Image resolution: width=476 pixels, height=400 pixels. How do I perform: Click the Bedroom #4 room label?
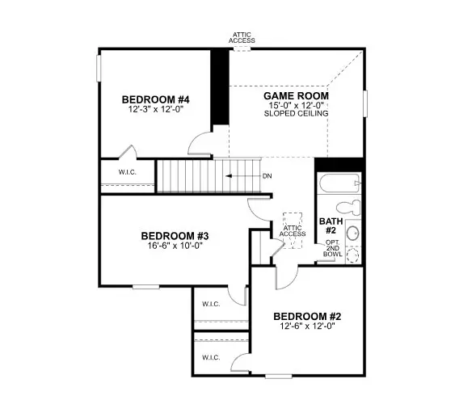pyautogui.click(x=156, y=99)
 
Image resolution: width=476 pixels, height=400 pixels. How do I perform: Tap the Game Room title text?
pyautogui.click(x=296, y=96)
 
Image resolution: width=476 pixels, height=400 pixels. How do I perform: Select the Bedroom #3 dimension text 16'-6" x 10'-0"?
pyautogui.click(x=175, y=246)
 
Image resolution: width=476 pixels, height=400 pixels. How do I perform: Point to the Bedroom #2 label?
pyautogui.click(x=307, y=317)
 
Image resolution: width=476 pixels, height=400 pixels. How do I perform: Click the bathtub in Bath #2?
pyautogui.click(x=340, y=183)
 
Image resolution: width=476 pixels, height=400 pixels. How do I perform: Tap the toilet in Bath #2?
pyautogui.click(x=348, y=208)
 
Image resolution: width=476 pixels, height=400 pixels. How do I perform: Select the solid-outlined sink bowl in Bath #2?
pyautogui.click(x=352, y=233)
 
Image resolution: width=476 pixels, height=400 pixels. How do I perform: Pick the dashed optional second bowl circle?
pyautogui.click(x=352, y=255)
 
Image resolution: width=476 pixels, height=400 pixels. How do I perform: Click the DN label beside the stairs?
pyautogui.click(x=267, y=176)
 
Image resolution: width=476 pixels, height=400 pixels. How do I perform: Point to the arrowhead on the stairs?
pyautogui.click(x=229, y=176)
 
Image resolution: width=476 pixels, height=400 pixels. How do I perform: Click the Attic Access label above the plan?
pyautogui.click(x=242, y=38)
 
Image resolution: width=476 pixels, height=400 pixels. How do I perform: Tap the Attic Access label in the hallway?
pyautogui.click(x=293, y=231)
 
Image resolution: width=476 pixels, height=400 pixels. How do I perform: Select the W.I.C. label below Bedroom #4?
pyautogui.click(x=127, y=172)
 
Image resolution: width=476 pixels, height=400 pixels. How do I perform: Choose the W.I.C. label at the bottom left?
pyautogui.click(x=211, y=357)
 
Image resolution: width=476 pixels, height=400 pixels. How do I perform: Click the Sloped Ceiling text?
pyautogui.click(x=297, y=114)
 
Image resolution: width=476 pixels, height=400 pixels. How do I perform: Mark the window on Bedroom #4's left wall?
pyautogui.click(x=99, y=69)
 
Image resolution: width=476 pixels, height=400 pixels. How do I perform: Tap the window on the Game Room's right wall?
pyautogui.click(x=365, y=103)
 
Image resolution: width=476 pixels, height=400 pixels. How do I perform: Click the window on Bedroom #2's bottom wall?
pyautogui.click(x=279, y=377)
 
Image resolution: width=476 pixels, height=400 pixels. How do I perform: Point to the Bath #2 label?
pyautogui.click(x=331, y=225)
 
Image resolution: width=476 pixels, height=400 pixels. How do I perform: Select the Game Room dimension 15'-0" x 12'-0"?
pyautogui.click(x=297, y=106)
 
